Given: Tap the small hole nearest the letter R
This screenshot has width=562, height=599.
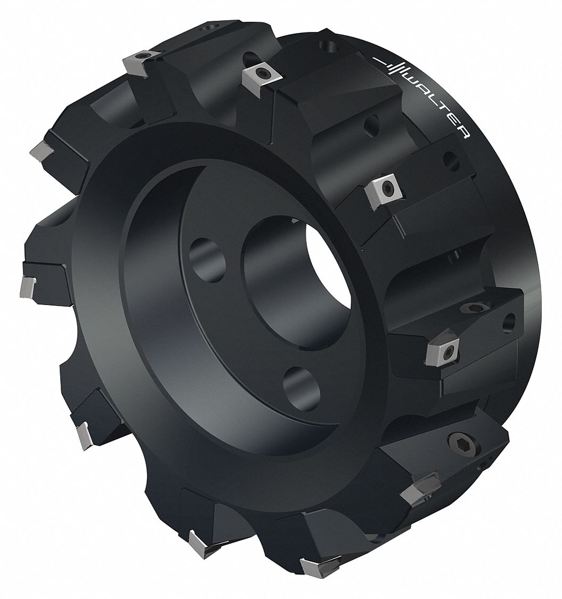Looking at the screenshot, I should point(451,158).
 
